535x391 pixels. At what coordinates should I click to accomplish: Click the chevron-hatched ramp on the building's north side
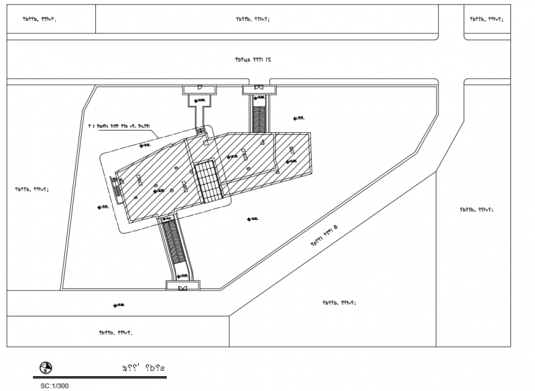[x=260, y=116]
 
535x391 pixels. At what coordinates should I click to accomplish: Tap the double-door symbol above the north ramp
[x=259, y=88]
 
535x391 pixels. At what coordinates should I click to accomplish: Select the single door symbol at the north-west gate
[x=200, y=89]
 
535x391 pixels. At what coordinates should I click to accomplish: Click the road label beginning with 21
[x=252, y=60]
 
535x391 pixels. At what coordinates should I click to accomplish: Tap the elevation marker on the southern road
[x=119, y=305]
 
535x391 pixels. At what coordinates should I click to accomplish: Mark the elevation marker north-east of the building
[x=299, y=118]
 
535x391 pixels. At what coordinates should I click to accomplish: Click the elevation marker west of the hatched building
[x=103, y=206]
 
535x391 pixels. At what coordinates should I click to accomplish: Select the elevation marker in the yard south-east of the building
[x=252, y=219]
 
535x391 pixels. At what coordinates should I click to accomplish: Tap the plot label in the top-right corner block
[x=486, y=19]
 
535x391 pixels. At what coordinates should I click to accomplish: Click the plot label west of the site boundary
[x=32, y=190]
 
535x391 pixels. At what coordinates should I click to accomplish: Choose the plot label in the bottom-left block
[x=115, y=333]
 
